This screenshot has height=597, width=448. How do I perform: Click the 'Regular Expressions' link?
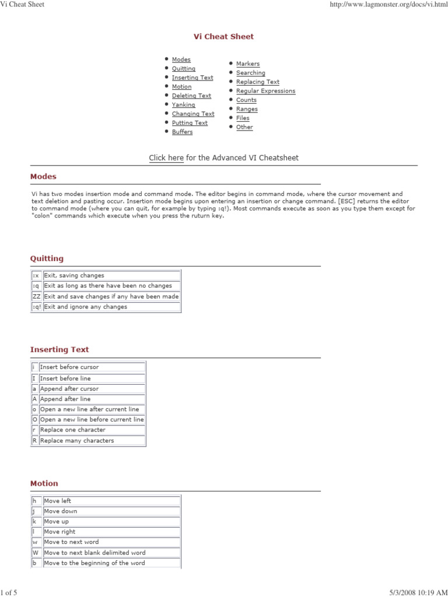point(265,91)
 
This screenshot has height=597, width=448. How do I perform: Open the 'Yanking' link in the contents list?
point(183,105)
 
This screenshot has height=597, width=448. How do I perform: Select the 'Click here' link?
point(166,158)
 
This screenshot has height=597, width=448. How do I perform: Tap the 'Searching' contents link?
point(250,73)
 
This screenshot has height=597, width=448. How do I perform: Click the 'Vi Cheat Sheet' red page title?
point(223,37)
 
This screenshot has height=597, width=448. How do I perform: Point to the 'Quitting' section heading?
point(47,259)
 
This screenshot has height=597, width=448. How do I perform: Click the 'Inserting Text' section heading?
point(60,350)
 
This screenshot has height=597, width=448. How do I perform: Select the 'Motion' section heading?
point(44,483)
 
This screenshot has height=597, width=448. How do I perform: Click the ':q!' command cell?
point(36,307)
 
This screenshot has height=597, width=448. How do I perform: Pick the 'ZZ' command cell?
point(36,296)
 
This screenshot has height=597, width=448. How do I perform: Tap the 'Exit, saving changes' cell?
point(74,275)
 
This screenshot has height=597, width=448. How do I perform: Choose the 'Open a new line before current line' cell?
point(92,420)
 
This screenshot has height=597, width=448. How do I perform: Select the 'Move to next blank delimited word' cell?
point(94,553)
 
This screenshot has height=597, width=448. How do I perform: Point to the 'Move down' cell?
point(61,511)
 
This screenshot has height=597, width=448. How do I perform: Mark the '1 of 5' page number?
point(9,592)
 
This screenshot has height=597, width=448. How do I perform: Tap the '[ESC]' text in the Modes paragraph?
point(348,201)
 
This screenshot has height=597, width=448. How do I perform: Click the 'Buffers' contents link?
point(182,132)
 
